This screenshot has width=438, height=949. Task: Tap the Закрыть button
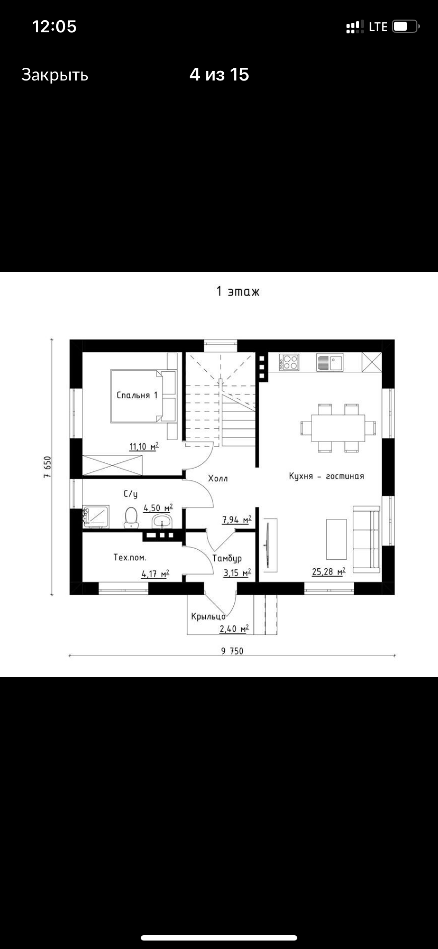pos(54,75)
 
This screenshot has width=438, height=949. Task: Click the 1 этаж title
pos(238,291)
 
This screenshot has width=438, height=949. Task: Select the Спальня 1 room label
pos(137,395)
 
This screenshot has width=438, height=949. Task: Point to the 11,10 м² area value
pos(144,446)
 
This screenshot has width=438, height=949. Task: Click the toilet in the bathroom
pos(131,517)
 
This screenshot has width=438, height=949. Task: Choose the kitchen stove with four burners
pos(289,362)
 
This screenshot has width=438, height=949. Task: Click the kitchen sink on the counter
pos(330,362)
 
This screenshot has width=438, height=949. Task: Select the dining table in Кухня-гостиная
pos(338,428)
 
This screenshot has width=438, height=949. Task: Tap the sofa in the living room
pos(367,539)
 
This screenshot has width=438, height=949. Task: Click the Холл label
pos(217,479)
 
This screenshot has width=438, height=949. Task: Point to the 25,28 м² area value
pos(328,571)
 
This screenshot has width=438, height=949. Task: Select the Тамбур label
pos(227,558)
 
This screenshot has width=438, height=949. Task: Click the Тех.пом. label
pos(130,557)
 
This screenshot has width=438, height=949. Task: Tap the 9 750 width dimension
pos(232,651)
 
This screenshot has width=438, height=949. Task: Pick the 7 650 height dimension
pos(47,467)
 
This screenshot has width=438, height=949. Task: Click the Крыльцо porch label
pos(209,616)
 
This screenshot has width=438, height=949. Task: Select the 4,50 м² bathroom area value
pos(158,508)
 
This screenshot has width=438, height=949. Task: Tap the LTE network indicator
pos(378,26)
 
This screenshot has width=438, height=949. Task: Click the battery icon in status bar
pos(406,26)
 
